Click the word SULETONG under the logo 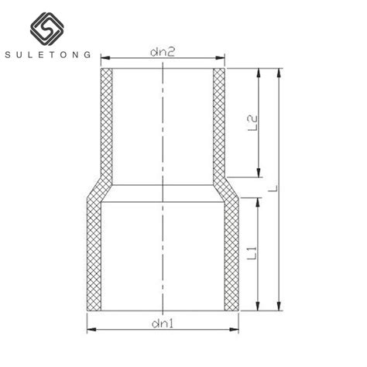pos(51,56)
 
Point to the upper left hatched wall pos(107,124)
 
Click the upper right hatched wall pos(219,124)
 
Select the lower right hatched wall pos(233,256)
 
